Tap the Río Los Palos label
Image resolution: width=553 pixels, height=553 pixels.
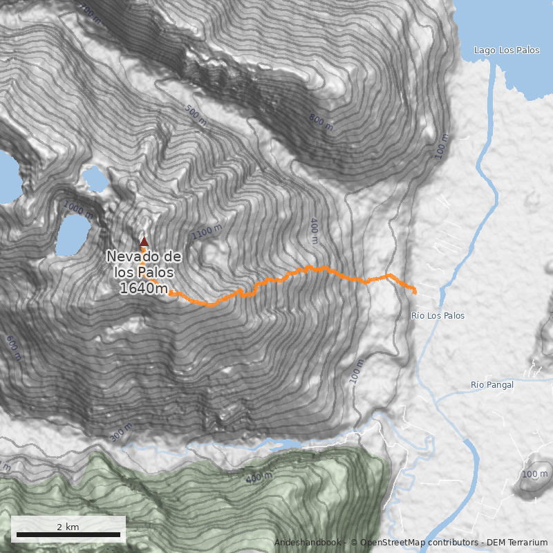[x=438, y=316]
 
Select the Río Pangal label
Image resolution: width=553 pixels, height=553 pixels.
[x=492, y=385]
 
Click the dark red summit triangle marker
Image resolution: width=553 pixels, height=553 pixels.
[x=144, y=241]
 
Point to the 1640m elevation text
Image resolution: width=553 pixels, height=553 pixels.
[x=143, y=289]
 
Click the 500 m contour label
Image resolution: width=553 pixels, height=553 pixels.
[x=196, y=115]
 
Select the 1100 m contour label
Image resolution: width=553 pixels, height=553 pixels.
[x=207, y=233]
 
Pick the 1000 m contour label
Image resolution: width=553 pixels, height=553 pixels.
[x=78, y=209]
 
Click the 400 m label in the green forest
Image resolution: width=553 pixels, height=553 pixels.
[x=259, y=476]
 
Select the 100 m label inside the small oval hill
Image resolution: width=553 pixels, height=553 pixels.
[x=534, y=474]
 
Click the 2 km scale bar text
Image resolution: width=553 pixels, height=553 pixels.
[x=68, y=527]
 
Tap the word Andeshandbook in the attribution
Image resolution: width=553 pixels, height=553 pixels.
[x=308, y=543]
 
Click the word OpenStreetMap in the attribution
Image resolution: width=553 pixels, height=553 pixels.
[x=388, y=543]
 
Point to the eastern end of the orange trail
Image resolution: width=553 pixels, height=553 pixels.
[x=414, y=291]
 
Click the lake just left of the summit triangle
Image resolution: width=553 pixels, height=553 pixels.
[x=73, y=234]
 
